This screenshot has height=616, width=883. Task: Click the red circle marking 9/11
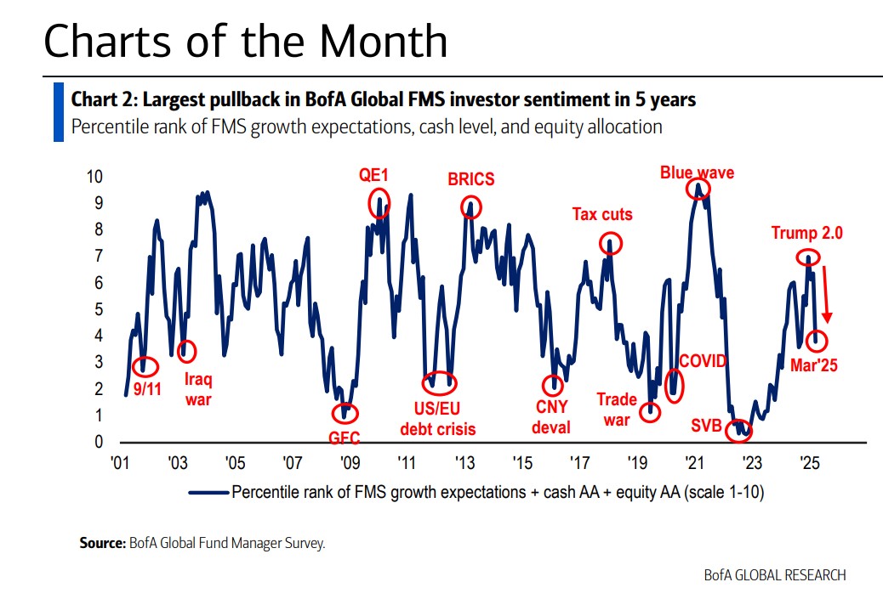click(145, 366)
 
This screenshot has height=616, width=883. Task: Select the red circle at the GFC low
click(345, 413)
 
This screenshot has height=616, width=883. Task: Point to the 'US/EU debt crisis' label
click(438, 419)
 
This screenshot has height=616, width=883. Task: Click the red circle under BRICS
click(470, 206)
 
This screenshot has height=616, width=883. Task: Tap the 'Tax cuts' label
click(601, 214)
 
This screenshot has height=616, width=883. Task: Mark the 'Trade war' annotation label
click(617, 409)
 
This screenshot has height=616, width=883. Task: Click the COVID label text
click(704, 361)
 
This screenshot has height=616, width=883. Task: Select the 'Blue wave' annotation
click(697, 172)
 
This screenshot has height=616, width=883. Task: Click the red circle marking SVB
click(742, 430)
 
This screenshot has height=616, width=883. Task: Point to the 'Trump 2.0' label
click(806, 233)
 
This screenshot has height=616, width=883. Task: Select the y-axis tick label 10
click(95, 177)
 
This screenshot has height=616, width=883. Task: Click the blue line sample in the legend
click(208, 492)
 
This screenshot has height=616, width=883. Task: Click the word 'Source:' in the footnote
click(102, 543)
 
